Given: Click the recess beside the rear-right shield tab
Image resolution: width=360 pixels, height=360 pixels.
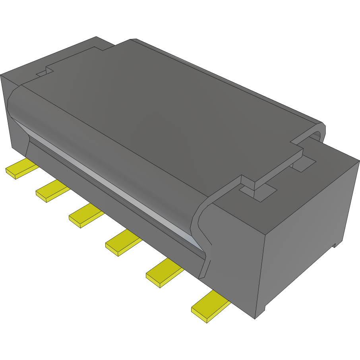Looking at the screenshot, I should point(304,164).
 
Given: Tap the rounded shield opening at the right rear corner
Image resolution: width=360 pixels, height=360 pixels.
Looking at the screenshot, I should point(316,135).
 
